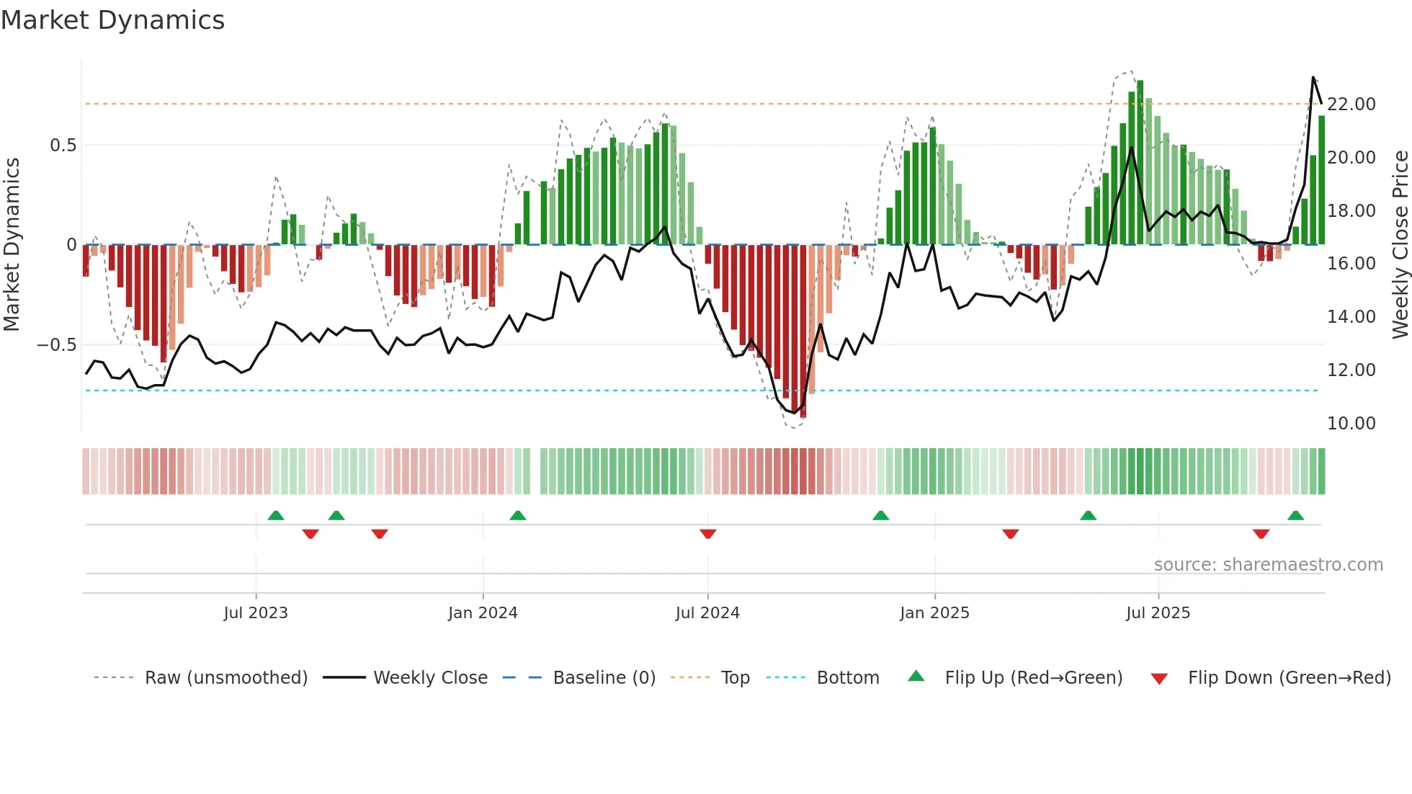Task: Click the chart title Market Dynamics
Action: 112,20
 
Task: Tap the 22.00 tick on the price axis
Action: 1351,104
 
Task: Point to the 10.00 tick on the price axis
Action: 1351,424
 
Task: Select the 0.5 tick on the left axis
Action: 63,146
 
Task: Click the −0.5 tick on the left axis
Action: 57,345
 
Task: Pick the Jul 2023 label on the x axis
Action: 256,613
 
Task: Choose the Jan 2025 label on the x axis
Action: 934,613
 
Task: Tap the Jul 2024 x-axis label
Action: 707,613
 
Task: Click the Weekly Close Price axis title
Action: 1400,245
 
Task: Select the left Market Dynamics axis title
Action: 12,245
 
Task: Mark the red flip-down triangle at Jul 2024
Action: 707,534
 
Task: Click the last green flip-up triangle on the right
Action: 1295,516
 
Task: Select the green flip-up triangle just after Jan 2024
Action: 517,516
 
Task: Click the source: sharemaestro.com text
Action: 1268,565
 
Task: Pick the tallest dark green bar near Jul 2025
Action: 1140,162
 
